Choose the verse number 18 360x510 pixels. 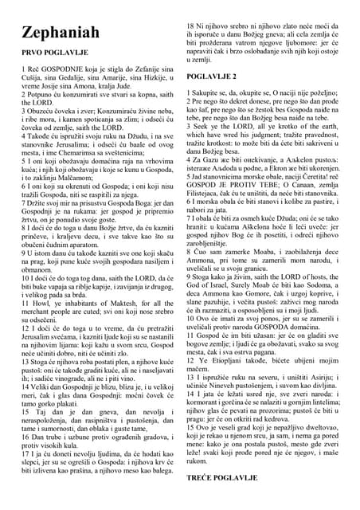coord(192,26)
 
